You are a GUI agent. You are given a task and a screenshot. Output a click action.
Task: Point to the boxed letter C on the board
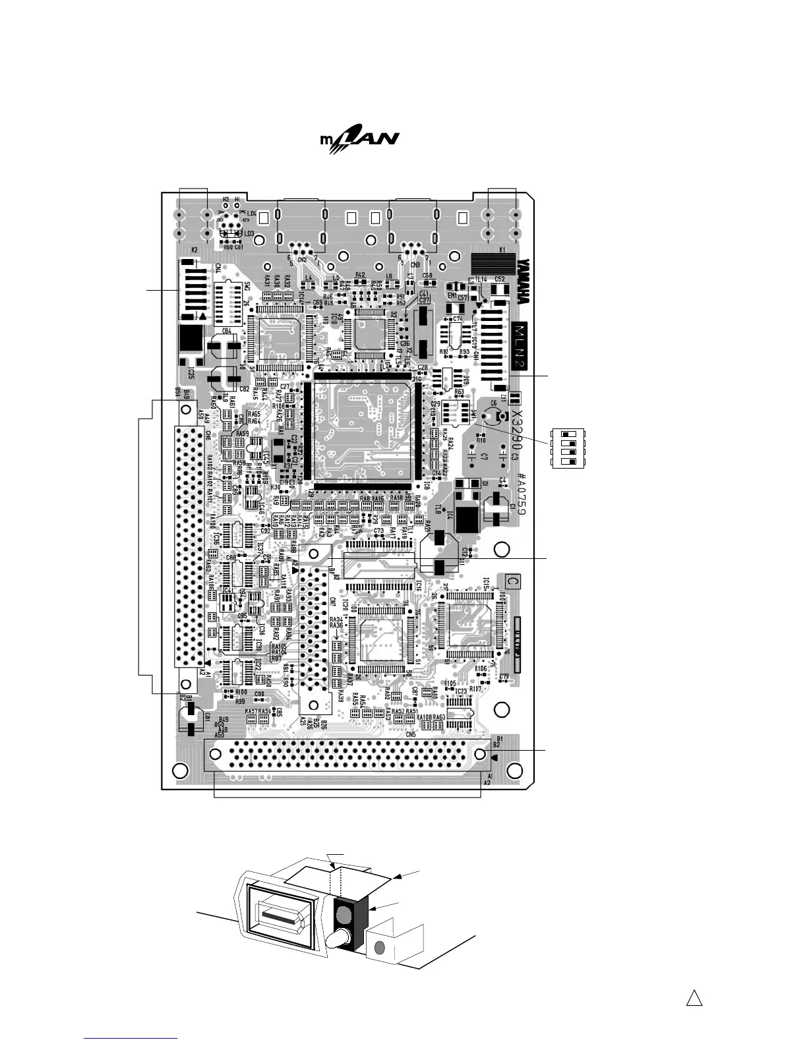click(x=512, y=581)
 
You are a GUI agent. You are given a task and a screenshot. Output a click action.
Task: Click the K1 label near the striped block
click(x=502, y=250)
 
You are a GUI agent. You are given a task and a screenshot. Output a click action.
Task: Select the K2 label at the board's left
click(x=194, y=250)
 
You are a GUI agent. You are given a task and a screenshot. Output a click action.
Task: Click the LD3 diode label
click(x=249, y=233)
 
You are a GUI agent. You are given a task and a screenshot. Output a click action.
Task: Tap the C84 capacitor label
click(x=226, y=331)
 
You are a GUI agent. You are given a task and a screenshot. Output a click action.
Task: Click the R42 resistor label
click(x=360, y=275)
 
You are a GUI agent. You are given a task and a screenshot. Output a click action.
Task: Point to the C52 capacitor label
click(x=500, y=279)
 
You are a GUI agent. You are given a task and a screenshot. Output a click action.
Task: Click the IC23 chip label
click(x=461, y=691)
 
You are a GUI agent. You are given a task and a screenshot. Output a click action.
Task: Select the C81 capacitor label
click(x=208, y=716)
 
